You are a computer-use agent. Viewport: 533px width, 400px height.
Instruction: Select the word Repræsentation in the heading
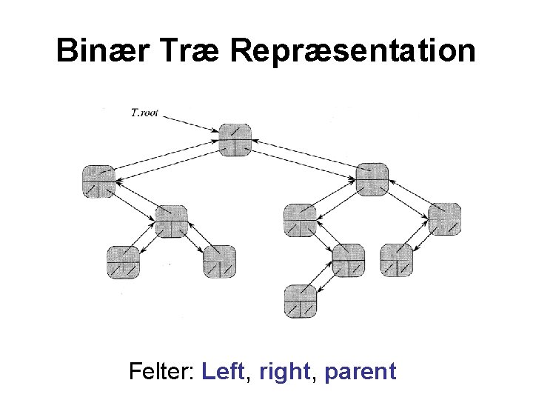352,51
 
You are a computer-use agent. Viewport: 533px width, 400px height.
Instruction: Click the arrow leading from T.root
192,123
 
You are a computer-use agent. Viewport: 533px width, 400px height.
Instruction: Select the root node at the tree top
235,140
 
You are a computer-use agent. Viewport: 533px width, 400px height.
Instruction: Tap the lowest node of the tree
301,301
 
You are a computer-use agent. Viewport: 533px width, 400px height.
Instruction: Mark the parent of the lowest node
348,261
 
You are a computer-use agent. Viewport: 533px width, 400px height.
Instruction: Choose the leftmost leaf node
123,261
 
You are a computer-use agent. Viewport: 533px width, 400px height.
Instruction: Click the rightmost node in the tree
445,219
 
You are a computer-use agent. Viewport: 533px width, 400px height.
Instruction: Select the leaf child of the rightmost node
397,261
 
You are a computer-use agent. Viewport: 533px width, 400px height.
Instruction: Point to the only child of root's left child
171,221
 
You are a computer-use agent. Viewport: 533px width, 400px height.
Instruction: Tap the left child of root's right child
301,220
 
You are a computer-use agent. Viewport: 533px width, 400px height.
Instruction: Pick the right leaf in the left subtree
220,261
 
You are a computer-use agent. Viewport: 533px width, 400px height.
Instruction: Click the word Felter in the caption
161,370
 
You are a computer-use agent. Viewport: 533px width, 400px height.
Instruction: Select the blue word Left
223,370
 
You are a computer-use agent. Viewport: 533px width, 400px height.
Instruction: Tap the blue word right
284,370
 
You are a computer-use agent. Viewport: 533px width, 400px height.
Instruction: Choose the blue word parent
361,370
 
